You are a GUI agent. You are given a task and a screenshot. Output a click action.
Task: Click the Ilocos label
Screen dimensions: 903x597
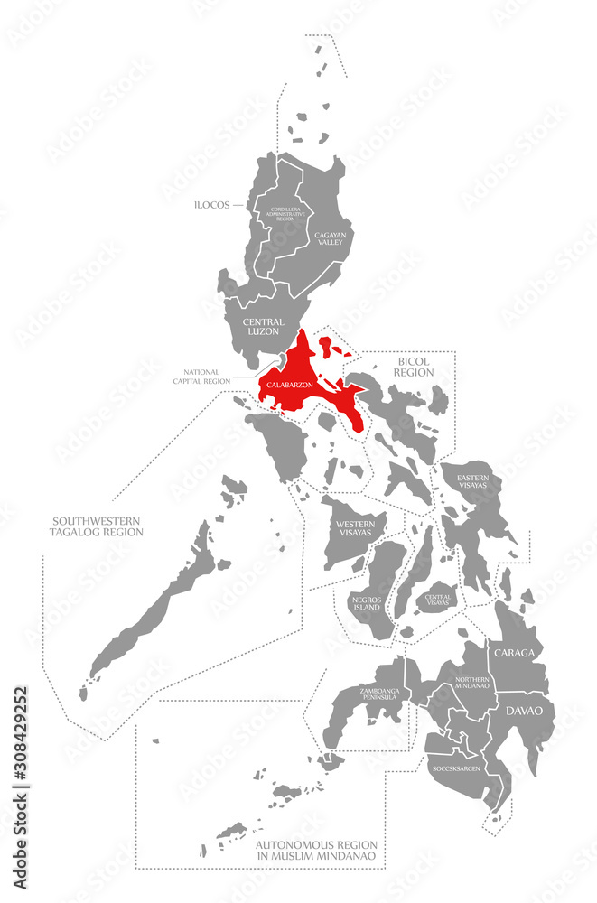213,205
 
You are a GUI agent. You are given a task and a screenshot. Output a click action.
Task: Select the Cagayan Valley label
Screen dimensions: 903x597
329,237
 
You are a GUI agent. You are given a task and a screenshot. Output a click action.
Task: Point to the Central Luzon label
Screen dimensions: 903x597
263,326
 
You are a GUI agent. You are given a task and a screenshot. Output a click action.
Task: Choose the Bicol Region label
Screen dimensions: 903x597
415,366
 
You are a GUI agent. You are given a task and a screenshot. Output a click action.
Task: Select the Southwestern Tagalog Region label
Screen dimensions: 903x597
98,526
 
